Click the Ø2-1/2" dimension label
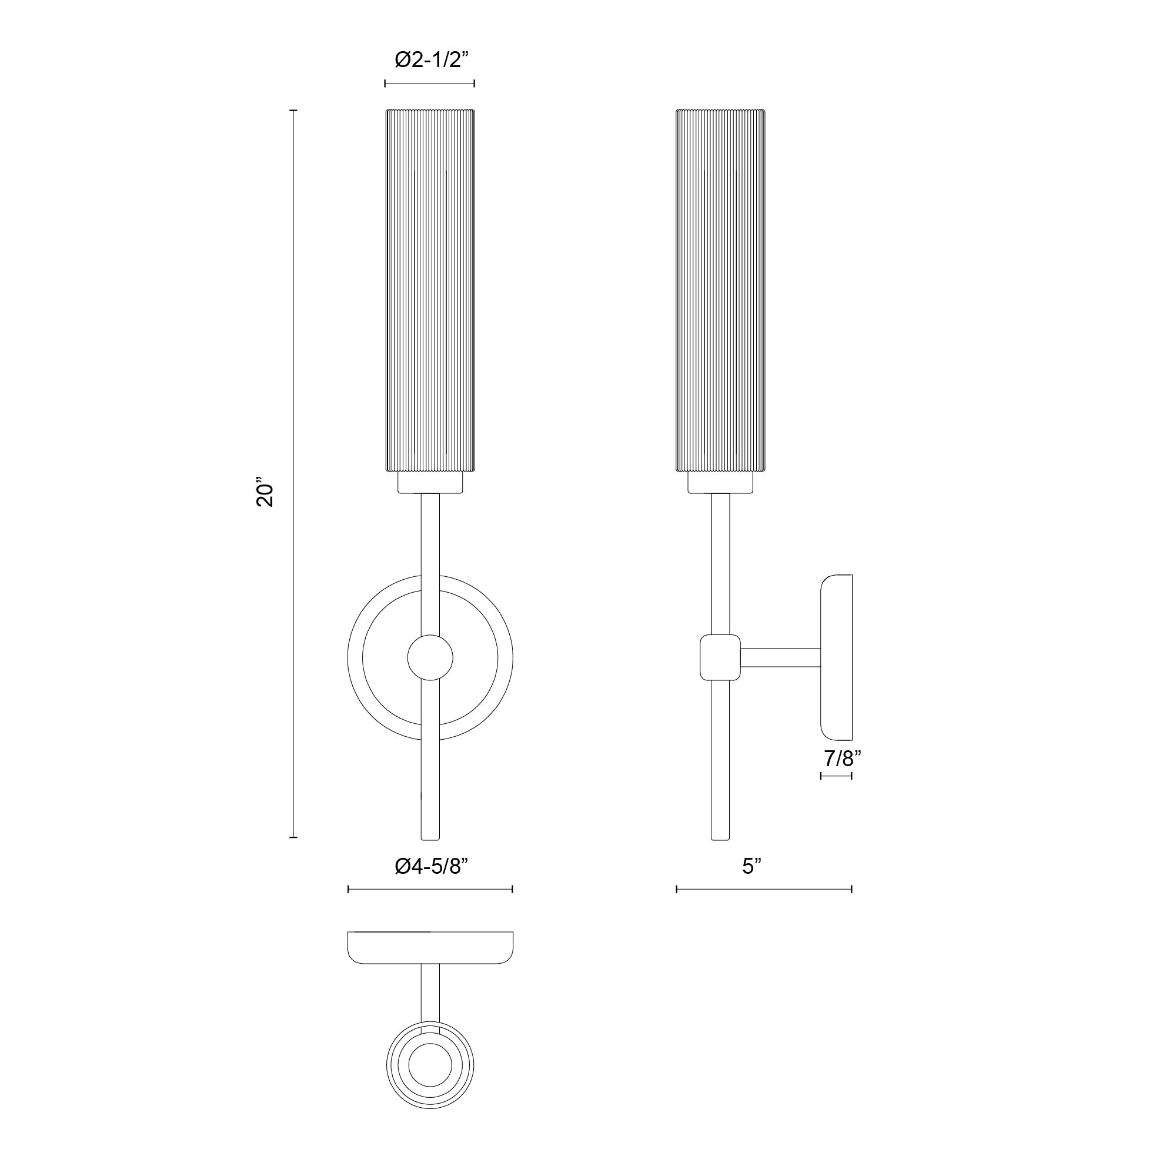[x=432, y=59]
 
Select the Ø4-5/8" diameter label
[x=432, y=866]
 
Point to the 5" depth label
[x=751, y=866]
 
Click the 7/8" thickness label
[x=843, y=759]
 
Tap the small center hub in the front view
[x=430, y=657]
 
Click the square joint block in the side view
[x=720, y=657]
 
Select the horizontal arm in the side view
[x=780, y=657]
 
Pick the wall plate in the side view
[x=836, y=657]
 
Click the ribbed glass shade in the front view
[x=430, y=290]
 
